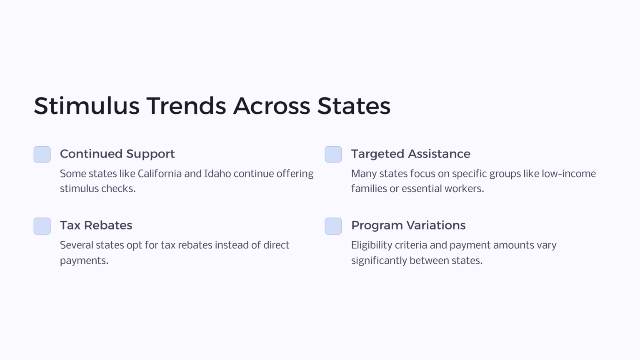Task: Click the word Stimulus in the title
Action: [87, 106]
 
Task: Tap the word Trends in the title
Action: [186, 106]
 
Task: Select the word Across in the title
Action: [271, 106]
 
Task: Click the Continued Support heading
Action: [117, 154]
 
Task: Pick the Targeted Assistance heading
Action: [410, 154]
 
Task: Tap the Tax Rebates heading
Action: [96, 225]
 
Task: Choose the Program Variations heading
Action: [408, 225]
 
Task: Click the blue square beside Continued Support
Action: [42, 155]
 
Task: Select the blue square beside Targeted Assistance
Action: [333, 155]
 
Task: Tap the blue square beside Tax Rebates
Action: [42, 226]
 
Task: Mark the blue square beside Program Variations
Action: [333, 226]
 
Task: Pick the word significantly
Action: [379, 261]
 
